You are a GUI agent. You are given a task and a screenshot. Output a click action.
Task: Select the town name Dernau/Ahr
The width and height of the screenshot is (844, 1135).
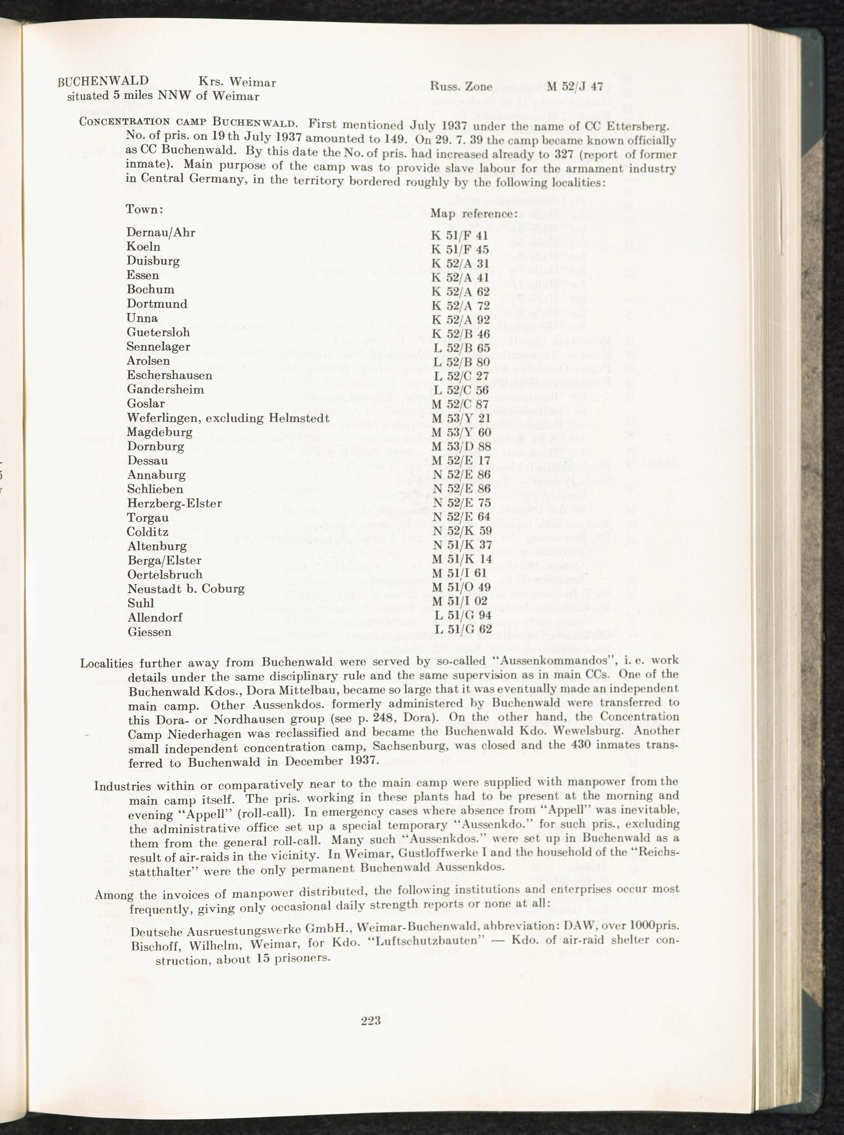coord(161,233)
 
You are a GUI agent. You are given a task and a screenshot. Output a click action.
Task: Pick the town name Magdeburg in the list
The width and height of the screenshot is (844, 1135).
coord(160,432)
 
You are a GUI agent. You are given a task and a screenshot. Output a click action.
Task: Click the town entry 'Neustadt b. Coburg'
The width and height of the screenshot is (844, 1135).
coord(186,589)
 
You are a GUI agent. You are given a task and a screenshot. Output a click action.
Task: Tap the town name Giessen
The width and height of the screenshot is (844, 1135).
coord(149,632)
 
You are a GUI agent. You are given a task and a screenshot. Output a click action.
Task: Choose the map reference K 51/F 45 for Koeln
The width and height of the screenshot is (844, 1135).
coord(460,249)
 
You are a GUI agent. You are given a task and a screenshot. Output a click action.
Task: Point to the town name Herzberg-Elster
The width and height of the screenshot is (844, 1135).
coord(175,504)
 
